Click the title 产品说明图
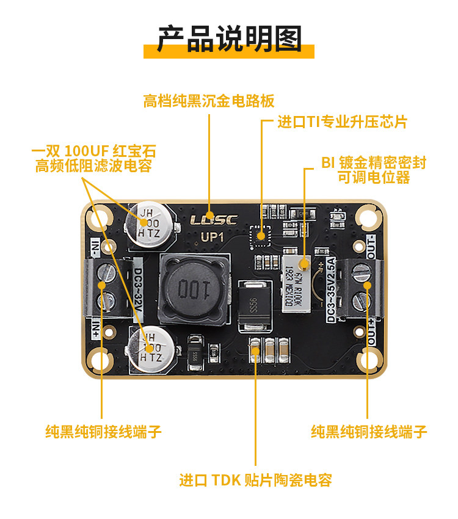tap(229, 38)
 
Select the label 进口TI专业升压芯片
tap(342, 122)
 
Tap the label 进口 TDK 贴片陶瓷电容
tap(255, 480)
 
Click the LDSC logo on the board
tap(209, 218)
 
